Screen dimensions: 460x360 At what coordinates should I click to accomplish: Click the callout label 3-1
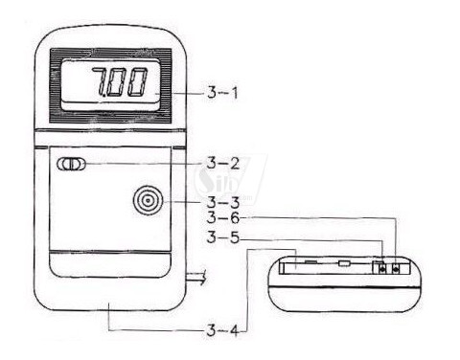pyautogui.click(x=222, y=93)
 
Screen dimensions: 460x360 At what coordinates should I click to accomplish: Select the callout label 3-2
pyautogui.click(x=222, y=164)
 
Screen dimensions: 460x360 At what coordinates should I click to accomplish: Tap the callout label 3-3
pyautogui.click(x=223, y=202)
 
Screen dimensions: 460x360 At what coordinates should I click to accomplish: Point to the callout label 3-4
pyautogui.click(x=222, y=330)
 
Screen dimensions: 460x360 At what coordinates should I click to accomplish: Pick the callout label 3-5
pyautogui.click(x=223, y=237)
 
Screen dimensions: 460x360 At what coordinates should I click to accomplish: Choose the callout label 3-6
pyautogui.click(x=223, y=218)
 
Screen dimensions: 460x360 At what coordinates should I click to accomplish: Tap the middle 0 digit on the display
pyautogui.click(x=116, y=82)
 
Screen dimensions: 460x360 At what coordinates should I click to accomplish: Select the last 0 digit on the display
pyautogui.click(x=138, y=82)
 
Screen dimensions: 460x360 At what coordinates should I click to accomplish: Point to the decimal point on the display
pyautogui.click(x=102, y=95)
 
